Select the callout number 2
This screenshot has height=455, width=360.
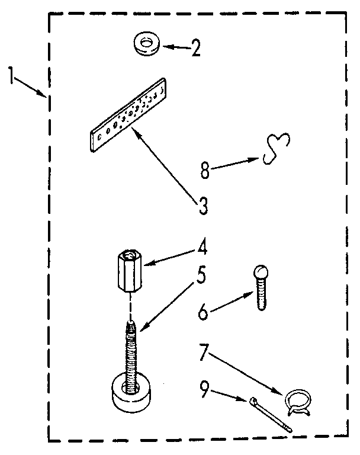click(x=194, y=47)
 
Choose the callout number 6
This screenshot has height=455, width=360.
click(x=203, y=312)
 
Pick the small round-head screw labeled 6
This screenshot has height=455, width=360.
click(x=261, y=287)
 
